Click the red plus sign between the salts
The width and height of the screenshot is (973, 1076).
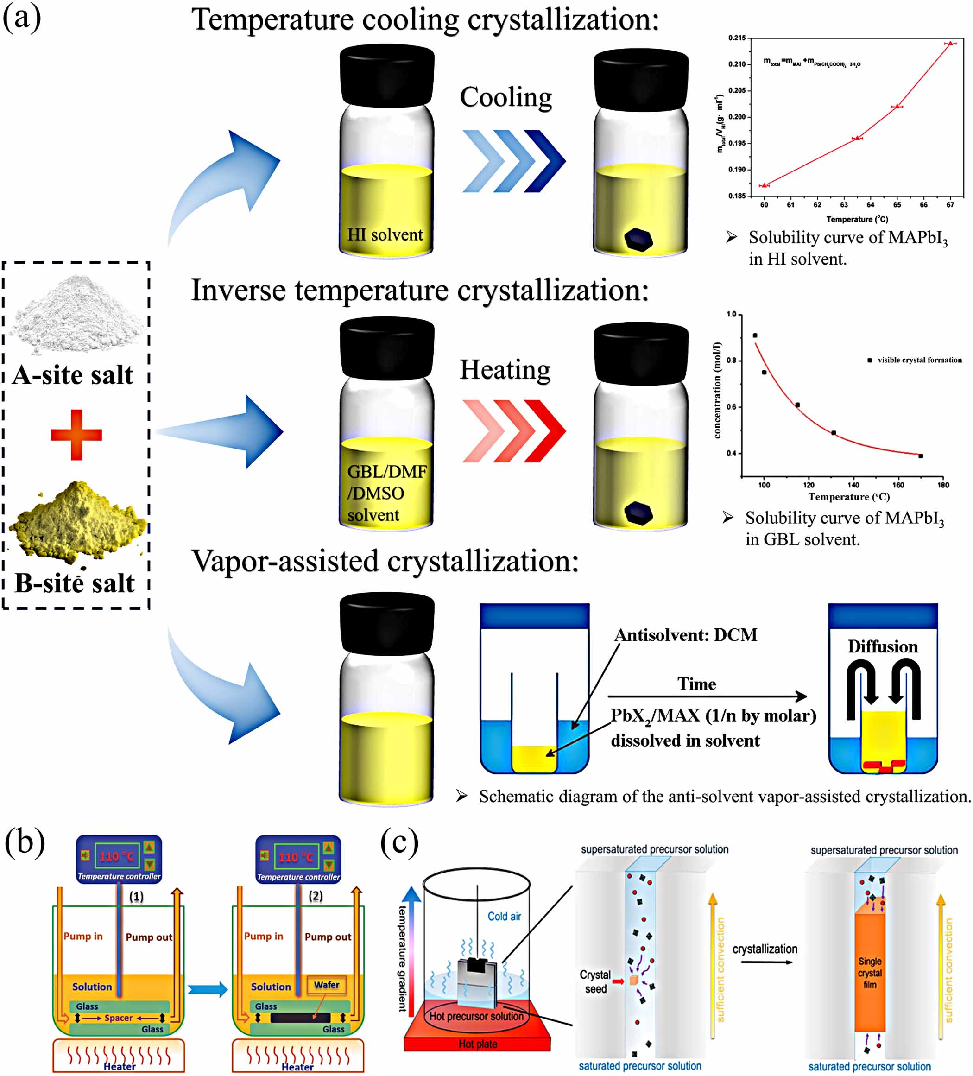76,435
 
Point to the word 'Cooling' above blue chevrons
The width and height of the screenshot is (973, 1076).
505,97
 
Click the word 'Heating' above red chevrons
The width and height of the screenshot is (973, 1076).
505,370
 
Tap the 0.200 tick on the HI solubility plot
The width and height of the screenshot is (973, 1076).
737,117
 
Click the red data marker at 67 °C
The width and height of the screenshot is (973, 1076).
950,43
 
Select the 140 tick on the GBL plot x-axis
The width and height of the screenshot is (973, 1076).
853,485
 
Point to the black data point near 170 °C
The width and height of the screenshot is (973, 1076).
921,456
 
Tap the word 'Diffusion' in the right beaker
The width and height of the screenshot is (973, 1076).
883,646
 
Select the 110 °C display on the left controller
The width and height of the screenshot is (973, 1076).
116,855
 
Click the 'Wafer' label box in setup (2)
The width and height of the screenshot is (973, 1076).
326,984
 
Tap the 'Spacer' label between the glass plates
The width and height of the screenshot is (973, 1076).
118,1018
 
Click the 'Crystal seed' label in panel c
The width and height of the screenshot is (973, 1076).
595,981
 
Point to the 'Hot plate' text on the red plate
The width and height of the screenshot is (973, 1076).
478,1044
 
